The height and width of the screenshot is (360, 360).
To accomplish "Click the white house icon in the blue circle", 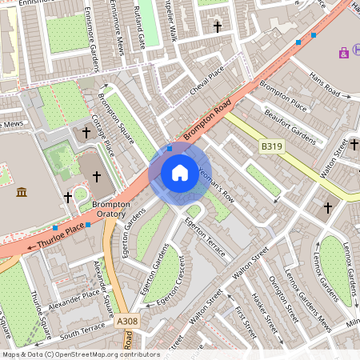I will click(180, 172).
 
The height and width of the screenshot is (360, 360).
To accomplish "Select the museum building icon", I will click(22, 192).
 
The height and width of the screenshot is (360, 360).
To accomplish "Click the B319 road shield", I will click(272, 146).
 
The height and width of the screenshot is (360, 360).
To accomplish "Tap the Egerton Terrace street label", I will click(207, 233).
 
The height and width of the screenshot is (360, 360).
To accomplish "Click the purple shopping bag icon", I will click(344, 53).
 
